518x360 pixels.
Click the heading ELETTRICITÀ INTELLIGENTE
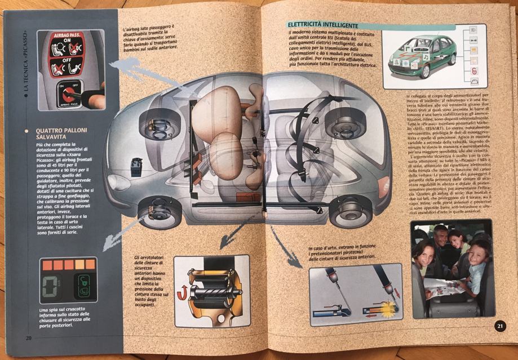point(322,25)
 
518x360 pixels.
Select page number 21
point(500,326)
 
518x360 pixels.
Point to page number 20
point(28,338)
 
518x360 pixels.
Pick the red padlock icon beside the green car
point(473,70)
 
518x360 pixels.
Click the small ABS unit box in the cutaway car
point(136,168)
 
